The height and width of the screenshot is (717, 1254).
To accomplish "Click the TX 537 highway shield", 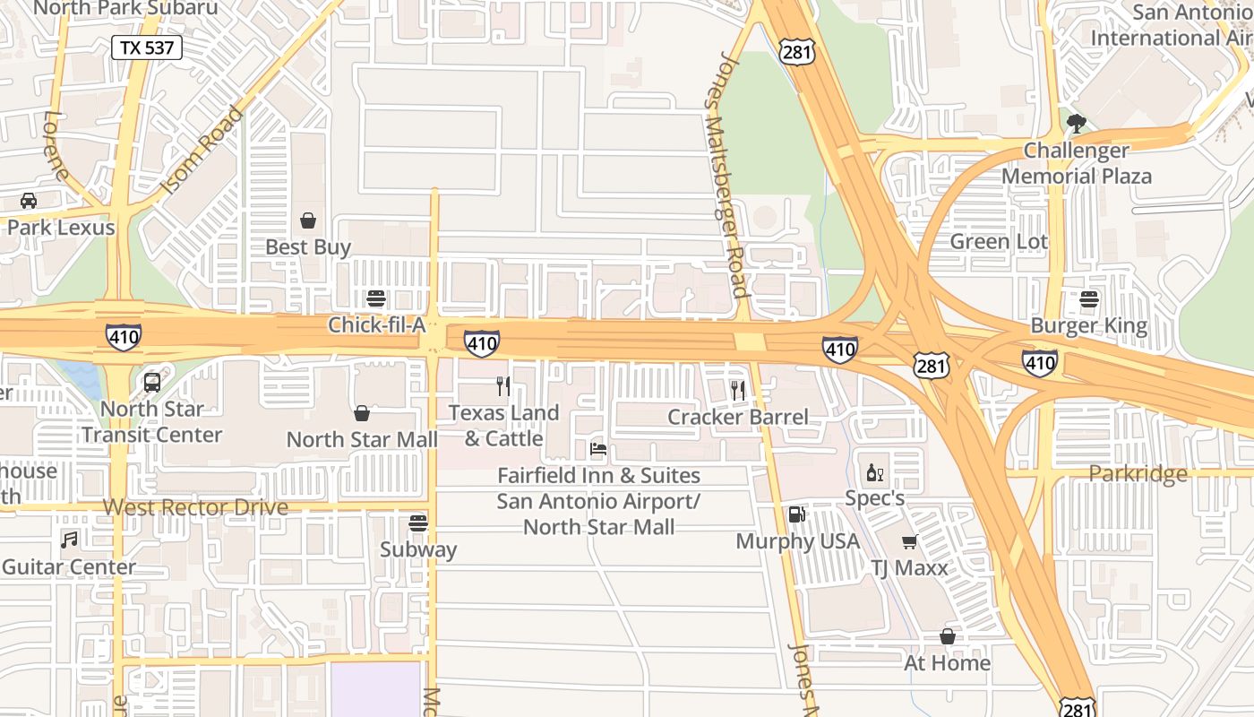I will (x=147, y=48).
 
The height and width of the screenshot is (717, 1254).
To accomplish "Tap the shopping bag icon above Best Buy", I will (x=308, y=220).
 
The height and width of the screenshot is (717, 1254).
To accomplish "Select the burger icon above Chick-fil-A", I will (x=376, y=298).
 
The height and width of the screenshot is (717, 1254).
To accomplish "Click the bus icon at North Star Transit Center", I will (x=152, y=383).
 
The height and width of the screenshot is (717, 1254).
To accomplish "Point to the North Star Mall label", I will (x=362, y=439).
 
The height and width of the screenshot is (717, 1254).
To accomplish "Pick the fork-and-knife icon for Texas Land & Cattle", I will (x=503, y=386).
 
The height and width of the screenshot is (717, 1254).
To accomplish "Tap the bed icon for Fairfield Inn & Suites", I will (x=598, y=448).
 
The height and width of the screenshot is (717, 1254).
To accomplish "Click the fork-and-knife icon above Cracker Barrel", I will (x=738, y=390).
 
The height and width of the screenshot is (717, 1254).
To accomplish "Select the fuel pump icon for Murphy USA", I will (x=795, y=514).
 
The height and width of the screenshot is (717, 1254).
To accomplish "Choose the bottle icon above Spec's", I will (x=874, y=472).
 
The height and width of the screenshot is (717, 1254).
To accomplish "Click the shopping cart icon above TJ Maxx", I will (x=909, y=541).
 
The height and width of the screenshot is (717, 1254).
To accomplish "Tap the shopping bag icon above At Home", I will (x=947, y=636).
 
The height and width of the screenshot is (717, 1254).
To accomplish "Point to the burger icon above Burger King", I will (x=1089, y=298).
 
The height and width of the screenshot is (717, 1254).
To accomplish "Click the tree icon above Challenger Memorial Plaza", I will (x=1077, y=123).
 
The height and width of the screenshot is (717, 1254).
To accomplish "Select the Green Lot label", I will (x=999, y=241).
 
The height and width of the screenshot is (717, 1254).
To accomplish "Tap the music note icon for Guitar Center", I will (x=69, y=540).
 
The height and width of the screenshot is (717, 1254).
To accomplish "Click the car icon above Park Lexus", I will (x=29, y=201).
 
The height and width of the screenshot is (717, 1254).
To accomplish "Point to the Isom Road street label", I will (x=202, y=151).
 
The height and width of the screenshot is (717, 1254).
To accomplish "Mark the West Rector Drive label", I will (x=195, y=507).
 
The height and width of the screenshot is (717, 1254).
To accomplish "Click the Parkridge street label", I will (x=1138, y=473).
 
